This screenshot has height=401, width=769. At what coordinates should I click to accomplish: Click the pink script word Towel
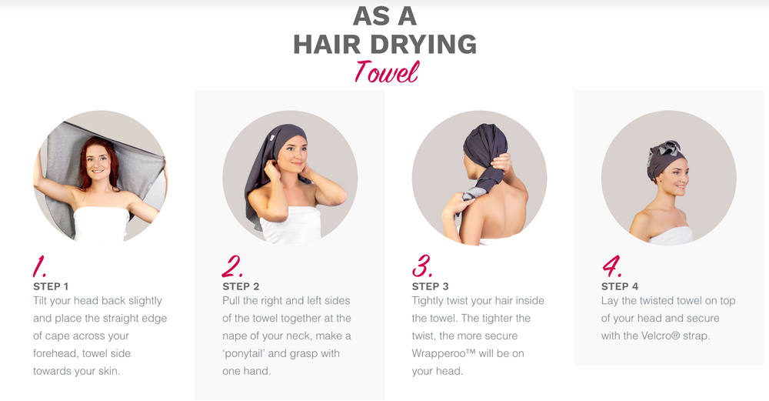tap(387, 72)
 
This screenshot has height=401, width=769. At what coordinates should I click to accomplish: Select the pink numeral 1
tap(39, 266)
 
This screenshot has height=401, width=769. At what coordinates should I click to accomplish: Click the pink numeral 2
tap(231, 266)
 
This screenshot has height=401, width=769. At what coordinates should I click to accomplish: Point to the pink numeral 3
tap(421, 266)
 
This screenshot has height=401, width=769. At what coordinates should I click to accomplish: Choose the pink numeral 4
tap(611, 266)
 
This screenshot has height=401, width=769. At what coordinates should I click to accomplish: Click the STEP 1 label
tap(51, 286)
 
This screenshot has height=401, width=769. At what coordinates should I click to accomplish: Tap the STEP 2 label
tap(241, 286)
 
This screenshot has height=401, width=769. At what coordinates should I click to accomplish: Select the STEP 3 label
tap(430, 286)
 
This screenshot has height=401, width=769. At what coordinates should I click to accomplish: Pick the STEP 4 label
tap(620, 286)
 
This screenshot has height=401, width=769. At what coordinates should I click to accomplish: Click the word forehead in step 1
tap(54, 353)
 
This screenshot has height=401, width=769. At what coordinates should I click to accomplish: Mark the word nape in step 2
tap(235, 336)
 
